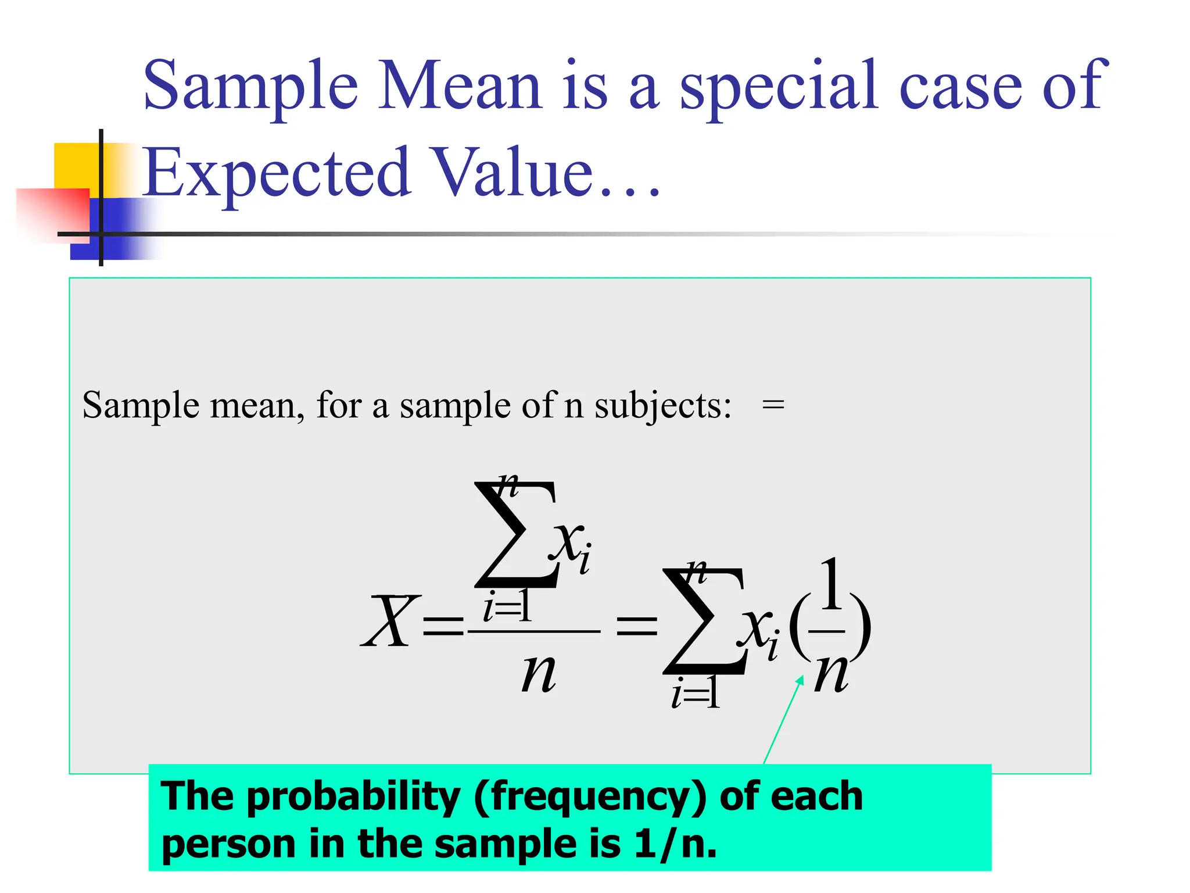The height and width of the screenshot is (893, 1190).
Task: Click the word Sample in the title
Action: tap(250, 86)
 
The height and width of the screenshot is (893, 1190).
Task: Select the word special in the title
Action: tap(779, 86)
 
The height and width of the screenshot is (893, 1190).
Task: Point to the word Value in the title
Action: tap(514, 173)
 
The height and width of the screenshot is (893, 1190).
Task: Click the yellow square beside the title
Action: tap(76, 166)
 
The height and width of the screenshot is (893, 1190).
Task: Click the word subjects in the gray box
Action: tap(662, 405)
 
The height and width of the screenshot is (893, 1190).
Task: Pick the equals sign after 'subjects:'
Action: tap(773, 405)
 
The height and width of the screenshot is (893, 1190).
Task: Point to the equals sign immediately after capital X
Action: tap(443, 626)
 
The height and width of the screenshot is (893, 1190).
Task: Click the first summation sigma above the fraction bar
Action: tap(514, 535)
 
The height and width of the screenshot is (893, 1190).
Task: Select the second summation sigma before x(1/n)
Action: tap(703, 622)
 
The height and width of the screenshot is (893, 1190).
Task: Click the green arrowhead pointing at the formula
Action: tap(801, 680)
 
